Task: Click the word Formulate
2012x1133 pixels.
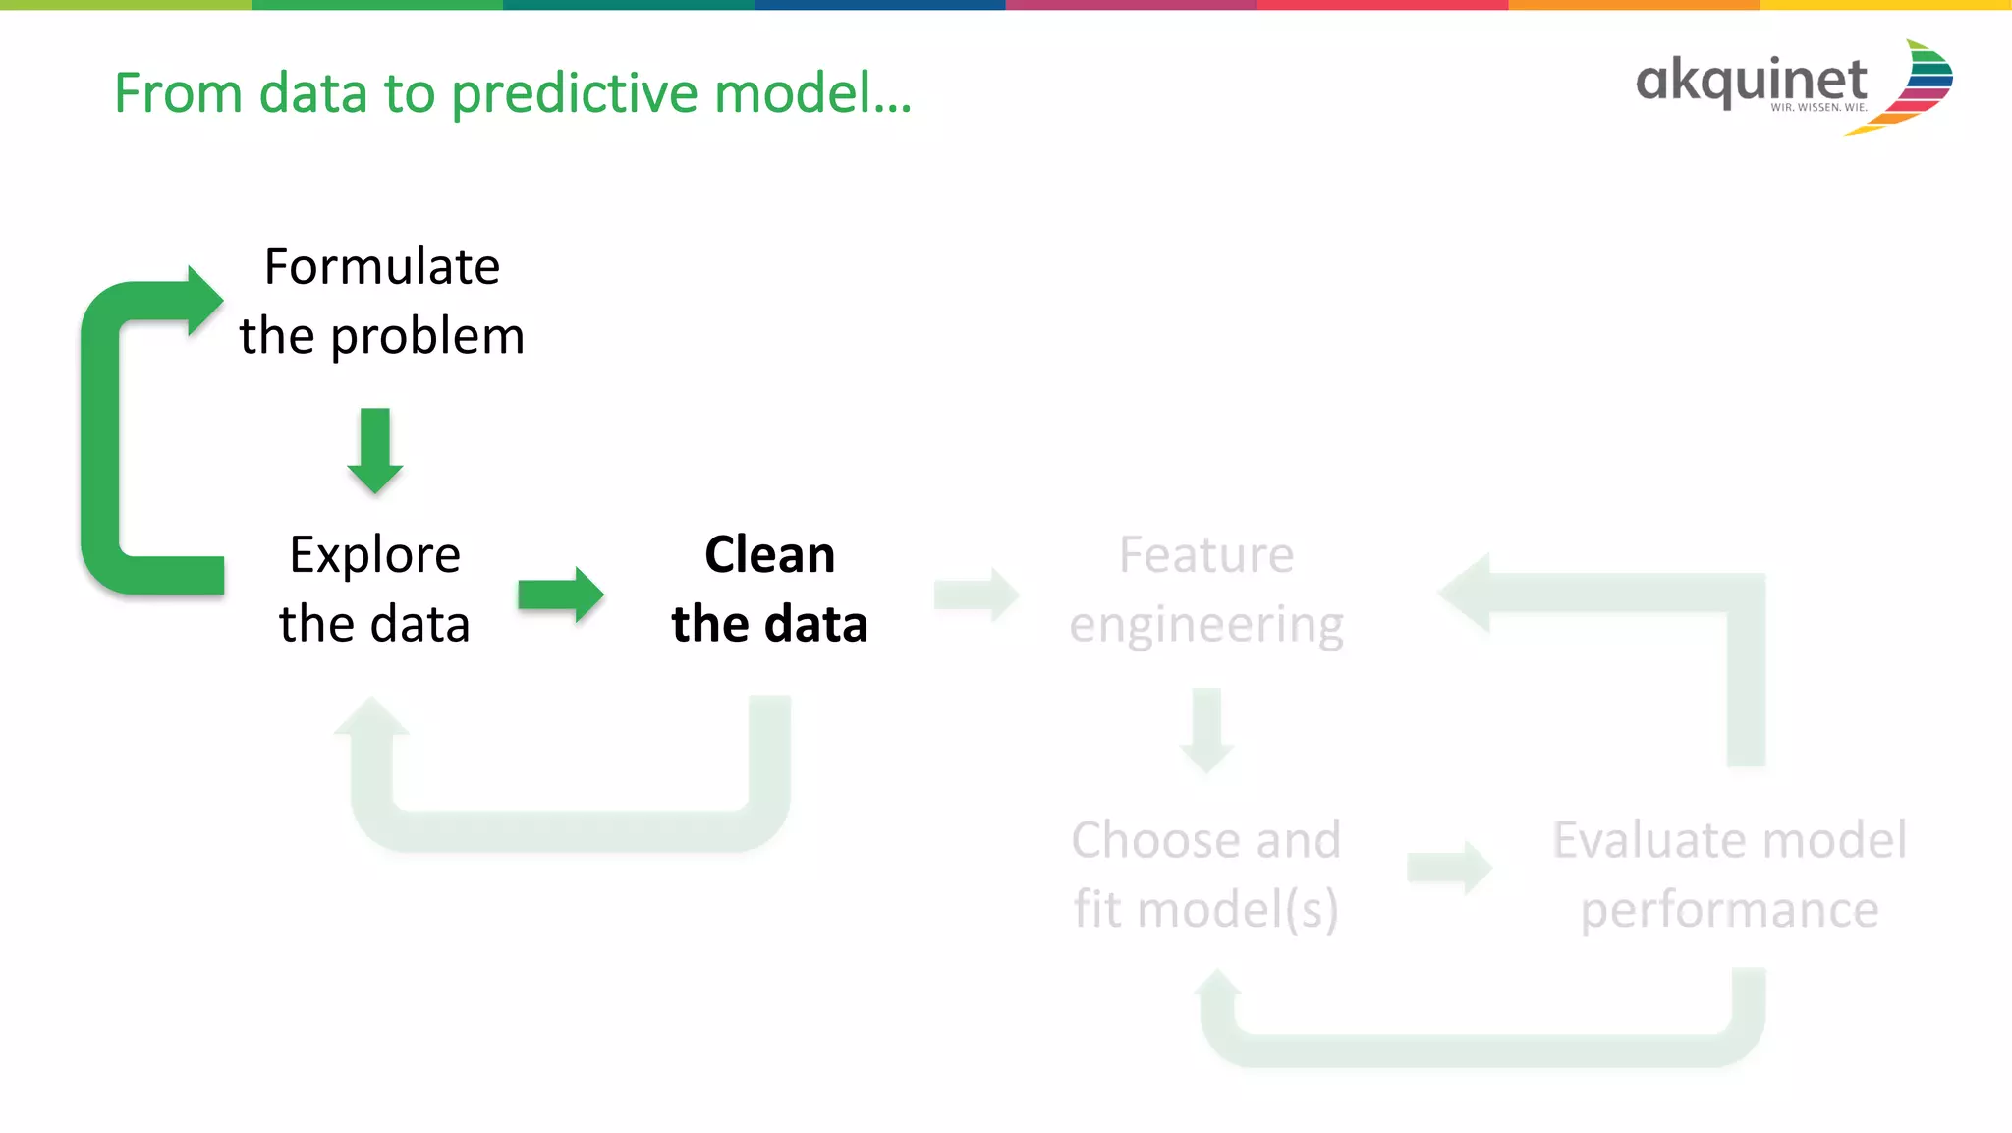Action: (382, 267)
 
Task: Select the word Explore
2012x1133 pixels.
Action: (374, 555)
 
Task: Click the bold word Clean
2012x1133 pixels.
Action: (769, 555)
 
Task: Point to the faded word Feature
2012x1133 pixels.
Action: (1205, 555)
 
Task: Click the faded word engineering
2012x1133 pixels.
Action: (1205, 626)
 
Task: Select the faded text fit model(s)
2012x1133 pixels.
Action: (1205, 909)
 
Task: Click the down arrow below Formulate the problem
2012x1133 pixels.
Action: (375, 451)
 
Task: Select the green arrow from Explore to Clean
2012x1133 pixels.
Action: (560, 595)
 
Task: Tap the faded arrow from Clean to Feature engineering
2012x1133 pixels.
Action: (977, 595)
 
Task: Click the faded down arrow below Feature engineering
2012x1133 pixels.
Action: (1206, 731)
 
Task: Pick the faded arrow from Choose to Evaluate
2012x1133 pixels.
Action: (1449, 868)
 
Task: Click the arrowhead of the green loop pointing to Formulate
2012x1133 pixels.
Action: (203, 301)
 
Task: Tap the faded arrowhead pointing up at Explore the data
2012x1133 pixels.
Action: (371, 717)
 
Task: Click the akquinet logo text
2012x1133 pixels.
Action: (1751, 81)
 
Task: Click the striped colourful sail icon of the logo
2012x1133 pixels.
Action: (1916, 86)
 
